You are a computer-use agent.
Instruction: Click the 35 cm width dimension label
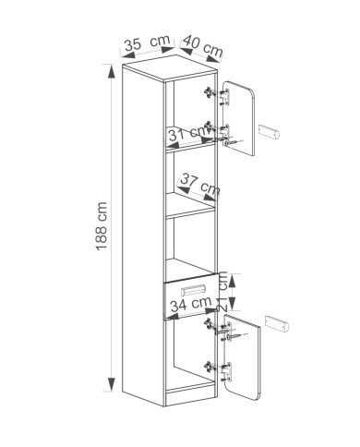click(147, 42)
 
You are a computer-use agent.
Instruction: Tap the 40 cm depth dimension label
click(203, 46)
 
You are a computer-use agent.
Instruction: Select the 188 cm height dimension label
click(102, 226)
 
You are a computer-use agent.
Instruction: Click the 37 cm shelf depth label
click(200, 184)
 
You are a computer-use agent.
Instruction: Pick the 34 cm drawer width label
click(191, 305)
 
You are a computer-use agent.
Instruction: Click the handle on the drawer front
click(193, 290)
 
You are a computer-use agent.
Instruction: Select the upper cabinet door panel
click(238, 118)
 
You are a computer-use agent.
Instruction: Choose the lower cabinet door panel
click(243, 357)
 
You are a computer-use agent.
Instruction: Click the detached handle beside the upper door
click(269, 132)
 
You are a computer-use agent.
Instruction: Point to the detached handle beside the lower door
click(277, 323)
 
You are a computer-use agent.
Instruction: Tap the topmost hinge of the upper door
click(217, 94)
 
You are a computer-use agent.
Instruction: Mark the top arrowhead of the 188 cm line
click(111, 71)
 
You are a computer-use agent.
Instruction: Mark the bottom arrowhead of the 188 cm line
click(111, 384)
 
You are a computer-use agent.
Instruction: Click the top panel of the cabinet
click(169, 68)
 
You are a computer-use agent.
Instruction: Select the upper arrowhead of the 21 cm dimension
click(233, 281)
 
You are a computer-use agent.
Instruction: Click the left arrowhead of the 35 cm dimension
click(127, 55)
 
